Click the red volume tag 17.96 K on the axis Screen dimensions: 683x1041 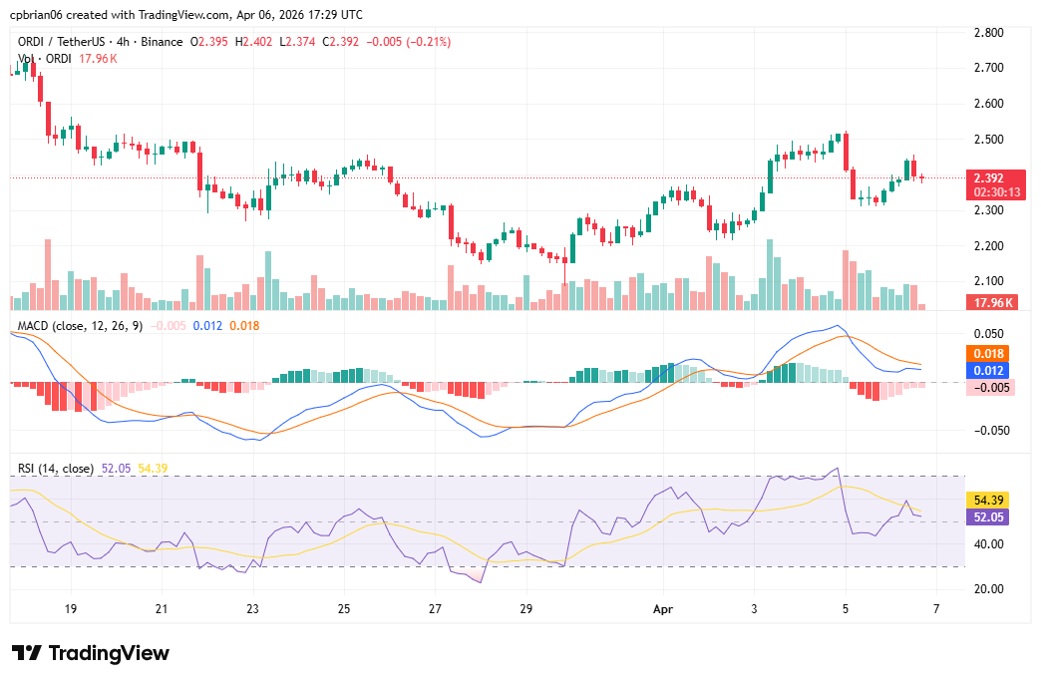pyautogui.click(x=994, y=301)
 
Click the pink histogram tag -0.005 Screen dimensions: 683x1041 pyautogui.click(x=990, y=388)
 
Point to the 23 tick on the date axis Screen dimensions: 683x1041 pyautogui.click(x=252, y=607)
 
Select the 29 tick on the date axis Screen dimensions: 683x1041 pyautogui.click(x=526, y=607)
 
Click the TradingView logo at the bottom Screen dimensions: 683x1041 pyautogui.click(x=91, y=653)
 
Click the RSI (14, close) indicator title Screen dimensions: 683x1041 pyautogui.click(x=56, y=468)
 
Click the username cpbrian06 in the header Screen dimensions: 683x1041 pyautogui.click(x=39, y=15)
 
